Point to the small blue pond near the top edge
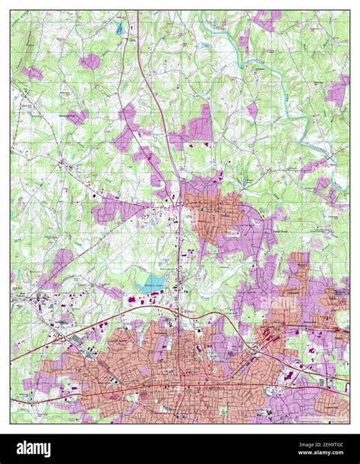tap(119, 28)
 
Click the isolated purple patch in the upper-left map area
tap(90, 61)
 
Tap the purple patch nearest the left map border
tap(32, 73)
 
